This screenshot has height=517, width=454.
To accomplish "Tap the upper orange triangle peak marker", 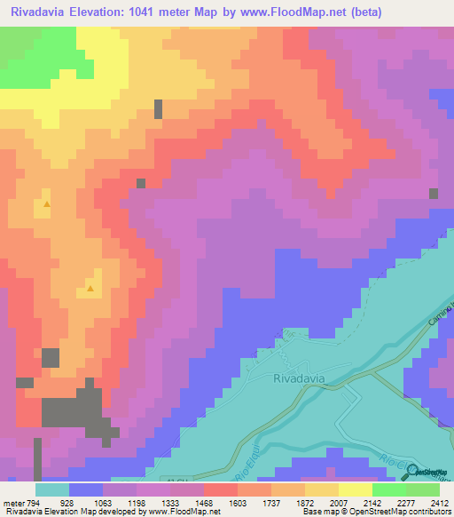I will click(x=46, y=204).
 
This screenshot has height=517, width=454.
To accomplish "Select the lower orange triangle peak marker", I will click(x=90, y=288).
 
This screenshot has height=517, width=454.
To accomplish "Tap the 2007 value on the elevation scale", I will click(x=325, y=503).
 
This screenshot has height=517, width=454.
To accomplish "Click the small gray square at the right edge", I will click(x=434, y=193).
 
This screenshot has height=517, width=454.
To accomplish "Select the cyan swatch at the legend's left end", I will click(x=52, y=489).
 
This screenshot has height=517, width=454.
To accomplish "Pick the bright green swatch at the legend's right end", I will click(x=423, y=489).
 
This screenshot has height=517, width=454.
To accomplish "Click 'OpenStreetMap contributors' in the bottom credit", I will click(x=403, y=512).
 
